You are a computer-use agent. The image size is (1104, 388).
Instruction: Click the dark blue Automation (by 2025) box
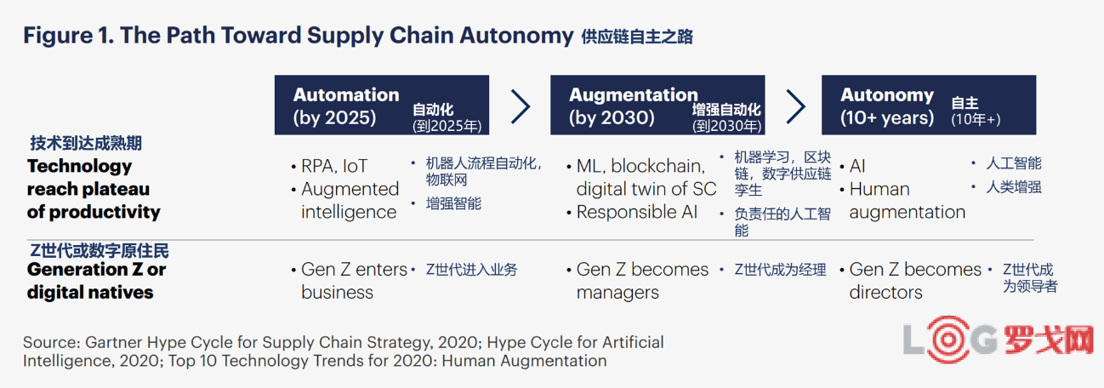point(382,105)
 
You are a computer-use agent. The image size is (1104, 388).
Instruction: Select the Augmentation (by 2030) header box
point(657,105)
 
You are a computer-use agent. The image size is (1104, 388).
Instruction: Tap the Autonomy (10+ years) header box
point(929,105)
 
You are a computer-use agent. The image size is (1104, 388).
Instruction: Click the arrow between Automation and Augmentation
point(521,106)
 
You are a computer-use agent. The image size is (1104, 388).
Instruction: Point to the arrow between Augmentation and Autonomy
point(795,106)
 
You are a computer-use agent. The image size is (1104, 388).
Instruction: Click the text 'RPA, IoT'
point(334,166)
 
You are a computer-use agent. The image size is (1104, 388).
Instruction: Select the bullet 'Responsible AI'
point(637,212)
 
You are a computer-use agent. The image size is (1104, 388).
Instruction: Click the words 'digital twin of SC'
point(646,189)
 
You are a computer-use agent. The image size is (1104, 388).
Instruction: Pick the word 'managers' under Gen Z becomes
point(617,293)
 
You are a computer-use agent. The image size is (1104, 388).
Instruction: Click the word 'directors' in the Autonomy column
point(885,293)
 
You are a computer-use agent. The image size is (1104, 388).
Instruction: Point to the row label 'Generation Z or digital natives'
point(97,281)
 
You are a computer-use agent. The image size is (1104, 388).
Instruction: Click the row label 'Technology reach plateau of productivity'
point(94,189)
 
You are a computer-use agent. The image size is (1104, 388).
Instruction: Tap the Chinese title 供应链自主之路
point(637,37)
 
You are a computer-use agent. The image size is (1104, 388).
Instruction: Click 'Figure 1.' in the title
point(69,36)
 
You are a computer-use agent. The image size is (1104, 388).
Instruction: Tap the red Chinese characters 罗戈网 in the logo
point(1049,340)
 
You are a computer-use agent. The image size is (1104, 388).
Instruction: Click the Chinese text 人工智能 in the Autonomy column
point(1014,163)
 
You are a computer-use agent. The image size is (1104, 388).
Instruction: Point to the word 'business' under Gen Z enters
point(337,293)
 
